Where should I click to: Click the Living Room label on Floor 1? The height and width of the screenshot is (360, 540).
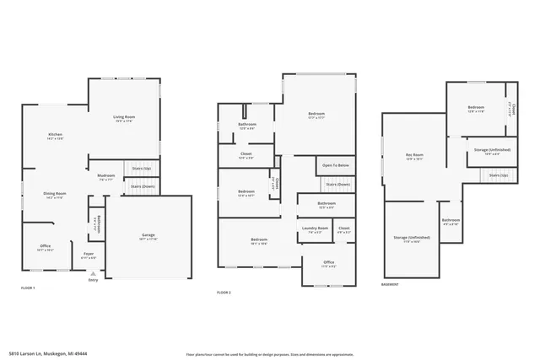(x=124, y=117)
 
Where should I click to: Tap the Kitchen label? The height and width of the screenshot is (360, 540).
(x=55, y=135)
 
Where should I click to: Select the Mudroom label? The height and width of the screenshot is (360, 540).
(x=106, y=175)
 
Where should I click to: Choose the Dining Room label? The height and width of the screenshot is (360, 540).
(x=55, y=195)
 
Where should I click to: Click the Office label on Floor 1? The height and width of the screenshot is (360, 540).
(x=46, y=247)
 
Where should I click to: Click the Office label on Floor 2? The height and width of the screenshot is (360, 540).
(x=329, y=263)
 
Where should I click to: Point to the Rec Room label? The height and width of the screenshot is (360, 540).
(x=414, y=155)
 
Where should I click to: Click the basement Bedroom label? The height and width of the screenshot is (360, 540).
(x=477, y=107)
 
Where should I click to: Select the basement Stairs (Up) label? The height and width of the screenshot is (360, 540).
(x=498, y=175)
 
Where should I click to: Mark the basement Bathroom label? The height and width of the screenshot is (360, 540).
(x=451, y=221)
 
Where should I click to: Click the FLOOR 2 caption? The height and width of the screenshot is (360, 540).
(x=224, y=292)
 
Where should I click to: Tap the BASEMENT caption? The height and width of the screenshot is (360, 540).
(x=390, y=284)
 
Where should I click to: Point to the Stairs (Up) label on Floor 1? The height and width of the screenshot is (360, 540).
(x=141, y=169)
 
